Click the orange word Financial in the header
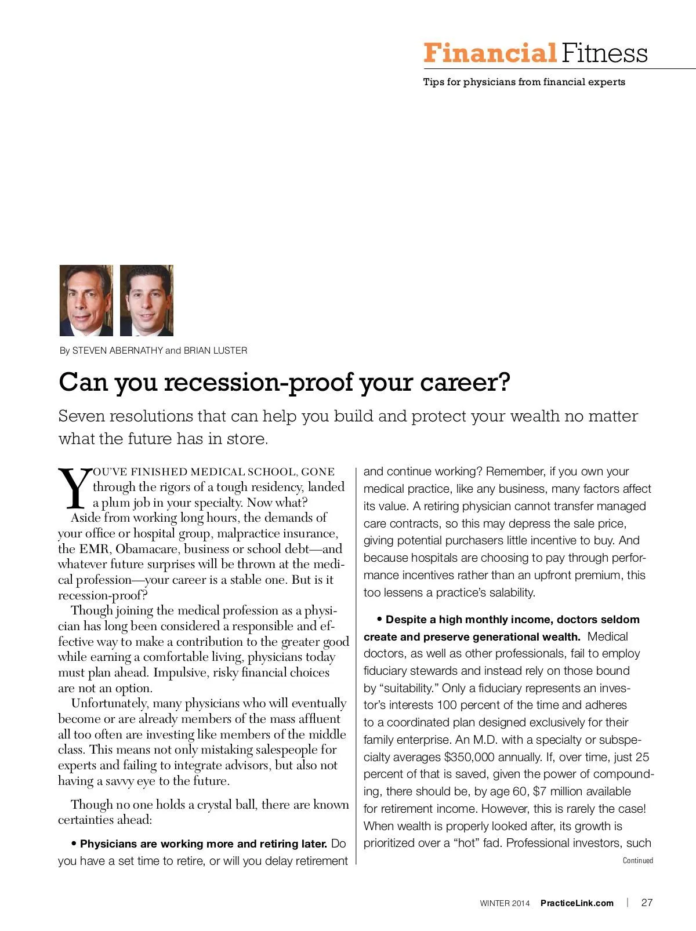point(489,53)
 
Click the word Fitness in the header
point(603,53)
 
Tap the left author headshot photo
point(86,300)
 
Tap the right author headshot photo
point(147,300)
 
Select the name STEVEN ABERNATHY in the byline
point(117,351)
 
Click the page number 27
point(647,903)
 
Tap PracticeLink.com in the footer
point(577,903)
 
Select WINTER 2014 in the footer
point(505,903)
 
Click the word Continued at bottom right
point(637,861)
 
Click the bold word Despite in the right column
point(406,619)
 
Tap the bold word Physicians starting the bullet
point(109,843)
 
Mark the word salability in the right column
point(510,592)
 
